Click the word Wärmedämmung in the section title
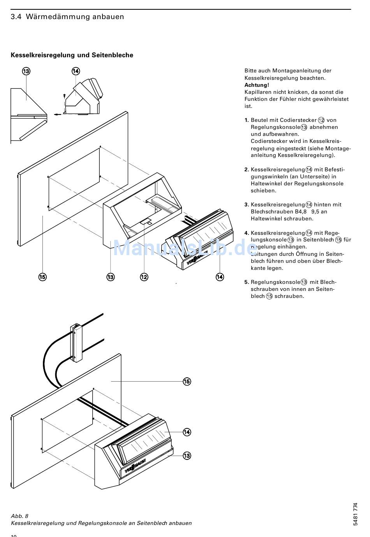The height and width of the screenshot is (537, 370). (x=58, y=17)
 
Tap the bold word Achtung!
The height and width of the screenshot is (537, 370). (x=257, y=85)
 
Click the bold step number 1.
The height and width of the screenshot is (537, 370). (x=247, y=120)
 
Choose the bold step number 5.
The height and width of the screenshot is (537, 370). (x=247, y=282)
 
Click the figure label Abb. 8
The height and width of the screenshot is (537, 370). (x=19, y=516)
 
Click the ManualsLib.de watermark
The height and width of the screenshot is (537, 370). (x=185, y=247)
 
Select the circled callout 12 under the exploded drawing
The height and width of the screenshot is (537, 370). (x=144, y=277)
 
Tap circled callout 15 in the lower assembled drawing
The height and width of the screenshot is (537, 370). (x=187, y=381)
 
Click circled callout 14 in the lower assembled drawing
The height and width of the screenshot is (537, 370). (x=187, y=432)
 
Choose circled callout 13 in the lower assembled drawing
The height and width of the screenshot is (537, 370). (x=187, y=456)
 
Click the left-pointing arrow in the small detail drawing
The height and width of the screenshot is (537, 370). (x=58, y=114)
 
